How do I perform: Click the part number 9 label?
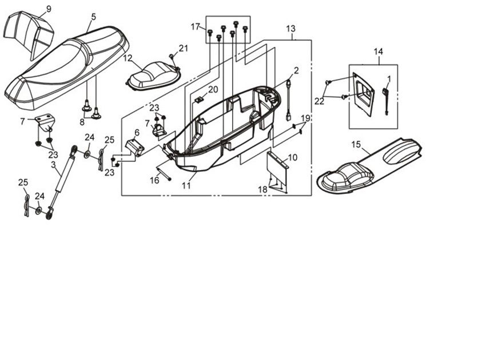tap(48, 9)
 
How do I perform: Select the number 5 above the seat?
tap(93, 18)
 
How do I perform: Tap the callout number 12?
tap(128, 58)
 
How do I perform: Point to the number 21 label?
tap(183, 48)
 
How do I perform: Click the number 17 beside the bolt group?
tap(196, 27)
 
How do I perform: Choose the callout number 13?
tap(291, 29)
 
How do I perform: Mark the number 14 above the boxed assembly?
tap(379, 52)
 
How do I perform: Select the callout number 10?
tap(292, 157)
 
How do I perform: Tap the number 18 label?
tap(262, 189)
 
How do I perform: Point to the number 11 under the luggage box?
tap(186, 185)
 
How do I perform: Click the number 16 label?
tap(154, 180)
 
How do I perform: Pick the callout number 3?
tap(53, 165)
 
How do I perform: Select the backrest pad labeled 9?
tap(26, 31)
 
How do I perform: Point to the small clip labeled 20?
tap(200, 100)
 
